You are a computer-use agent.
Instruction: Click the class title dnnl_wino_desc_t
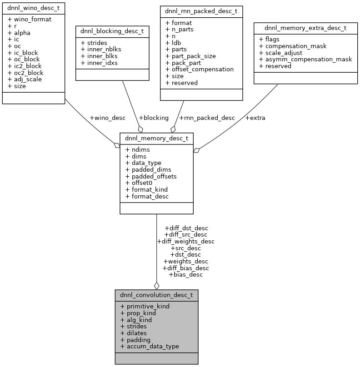(x=33, y=8)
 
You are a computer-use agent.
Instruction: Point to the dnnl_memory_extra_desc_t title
(x=305, y=28)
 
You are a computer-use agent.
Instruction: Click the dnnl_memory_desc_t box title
(x=156, y=138)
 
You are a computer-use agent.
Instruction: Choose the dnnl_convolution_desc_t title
(x=156, y=295)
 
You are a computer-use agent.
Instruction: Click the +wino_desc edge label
(x=107, y=118)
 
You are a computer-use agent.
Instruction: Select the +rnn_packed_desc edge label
(x=207, y=118)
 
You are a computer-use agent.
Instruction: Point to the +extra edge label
(x=255, y=118)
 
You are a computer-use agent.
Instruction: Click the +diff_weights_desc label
(x=185, y=241)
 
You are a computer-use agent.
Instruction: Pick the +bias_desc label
(x=185, y=274)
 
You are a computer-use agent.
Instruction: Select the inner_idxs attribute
(x=99, y=63)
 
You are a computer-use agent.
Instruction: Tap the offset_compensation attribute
(x=199, y=69)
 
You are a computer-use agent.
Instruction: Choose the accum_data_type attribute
(x=152, y=346)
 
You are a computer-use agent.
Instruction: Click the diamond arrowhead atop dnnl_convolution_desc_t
(x=156, y=285)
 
